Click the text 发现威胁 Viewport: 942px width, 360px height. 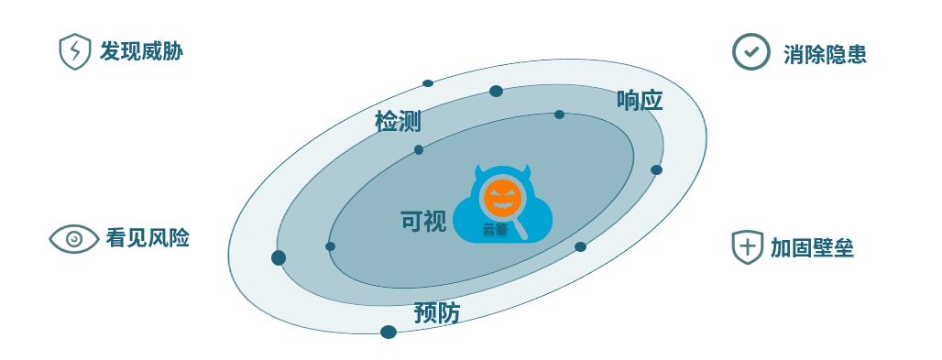[141, 51]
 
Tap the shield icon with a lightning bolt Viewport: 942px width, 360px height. [73, 51]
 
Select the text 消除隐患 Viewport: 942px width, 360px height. [825, 54]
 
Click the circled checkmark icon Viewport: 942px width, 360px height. [750, 51]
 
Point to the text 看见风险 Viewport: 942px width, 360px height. [148, 238]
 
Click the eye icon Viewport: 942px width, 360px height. [74, 239]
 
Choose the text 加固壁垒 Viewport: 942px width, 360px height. [812, 247]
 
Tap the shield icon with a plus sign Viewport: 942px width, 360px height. [747, 246]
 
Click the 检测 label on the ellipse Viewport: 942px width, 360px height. [398, 122]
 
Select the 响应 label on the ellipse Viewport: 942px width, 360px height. [640, 100]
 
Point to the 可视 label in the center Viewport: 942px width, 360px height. [423, 221]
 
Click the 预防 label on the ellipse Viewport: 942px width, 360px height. [437, 312]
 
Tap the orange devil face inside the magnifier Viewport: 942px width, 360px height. [502, 196]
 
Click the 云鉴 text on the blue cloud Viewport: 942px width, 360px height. [495, 230]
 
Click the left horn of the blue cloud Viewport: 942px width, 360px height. [480, 173]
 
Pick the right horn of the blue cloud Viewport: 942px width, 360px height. [525, 172]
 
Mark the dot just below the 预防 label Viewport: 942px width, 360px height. [389, 332]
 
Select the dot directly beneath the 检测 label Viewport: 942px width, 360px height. [419, 149]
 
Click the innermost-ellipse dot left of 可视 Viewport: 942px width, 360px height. [331, 246]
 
